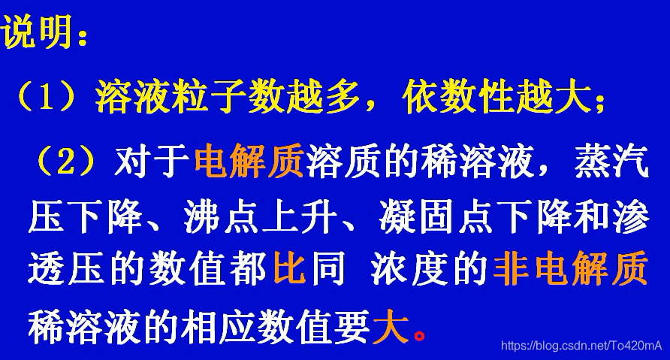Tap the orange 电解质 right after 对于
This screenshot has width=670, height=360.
tap(249, 160)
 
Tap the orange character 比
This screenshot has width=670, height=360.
tap(289, 272)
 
